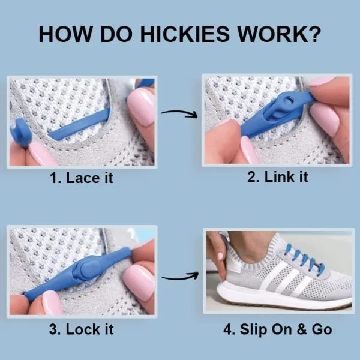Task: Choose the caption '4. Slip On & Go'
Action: (x=278, y=329)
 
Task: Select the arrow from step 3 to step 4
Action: (x=181, y=277)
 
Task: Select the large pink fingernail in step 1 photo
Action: (x=142, y=107)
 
